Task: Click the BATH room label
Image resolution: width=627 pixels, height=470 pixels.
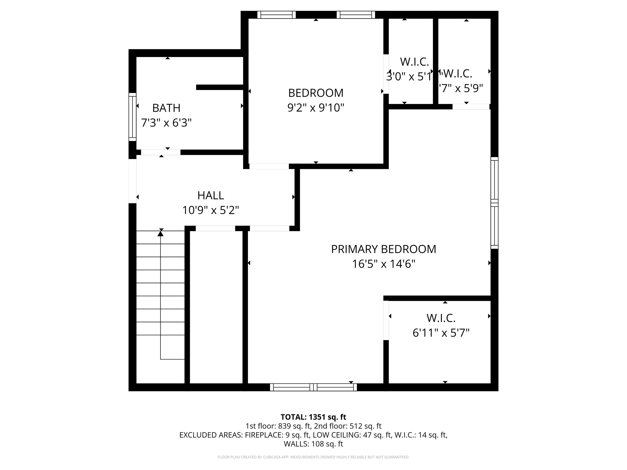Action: (x=166, y=108)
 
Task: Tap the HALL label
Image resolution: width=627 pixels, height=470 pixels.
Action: (x=211, y=196)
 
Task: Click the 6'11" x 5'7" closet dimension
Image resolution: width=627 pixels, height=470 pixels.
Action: (x=441, y=333)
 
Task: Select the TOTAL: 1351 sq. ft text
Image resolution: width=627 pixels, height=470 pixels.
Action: (x=313, y=417)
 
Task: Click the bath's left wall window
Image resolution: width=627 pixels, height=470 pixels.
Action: (x=132, y=117)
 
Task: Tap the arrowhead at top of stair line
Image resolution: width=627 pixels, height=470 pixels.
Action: (x=161, y=233)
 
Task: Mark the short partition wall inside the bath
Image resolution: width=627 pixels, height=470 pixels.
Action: (x=220, y=87)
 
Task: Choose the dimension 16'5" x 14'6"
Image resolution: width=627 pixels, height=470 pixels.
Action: (x=383, y=264)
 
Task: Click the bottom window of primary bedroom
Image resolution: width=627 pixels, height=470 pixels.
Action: (x=313, y=387)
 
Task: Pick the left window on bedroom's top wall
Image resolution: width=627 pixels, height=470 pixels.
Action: (x=276, y=15)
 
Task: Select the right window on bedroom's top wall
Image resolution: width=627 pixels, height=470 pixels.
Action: (x=356, y=15)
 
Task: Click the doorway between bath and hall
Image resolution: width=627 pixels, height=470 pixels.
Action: (x=161, y=152)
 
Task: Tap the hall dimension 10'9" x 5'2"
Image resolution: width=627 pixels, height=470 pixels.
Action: (x=211, y=211)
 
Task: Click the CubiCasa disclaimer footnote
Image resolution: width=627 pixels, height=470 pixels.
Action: (x=313, y=457)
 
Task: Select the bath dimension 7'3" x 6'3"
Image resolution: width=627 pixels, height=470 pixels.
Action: (x=166, y=123)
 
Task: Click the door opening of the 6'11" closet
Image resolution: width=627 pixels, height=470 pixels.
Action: (x=386, y=320)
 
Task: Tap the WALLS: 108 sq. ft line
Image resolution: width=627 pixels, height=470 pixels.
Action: (x=313, y=444)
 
